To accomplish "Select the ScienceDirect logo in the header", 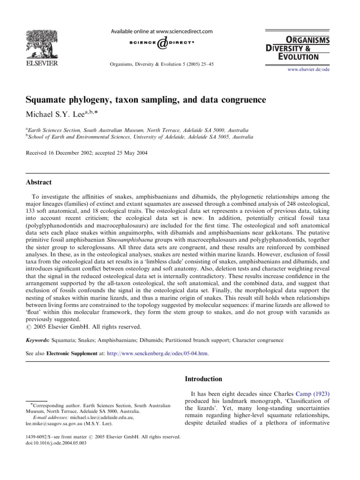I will click(161, 43).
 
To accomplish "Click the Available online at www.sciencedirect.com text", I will click(161, 31).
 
